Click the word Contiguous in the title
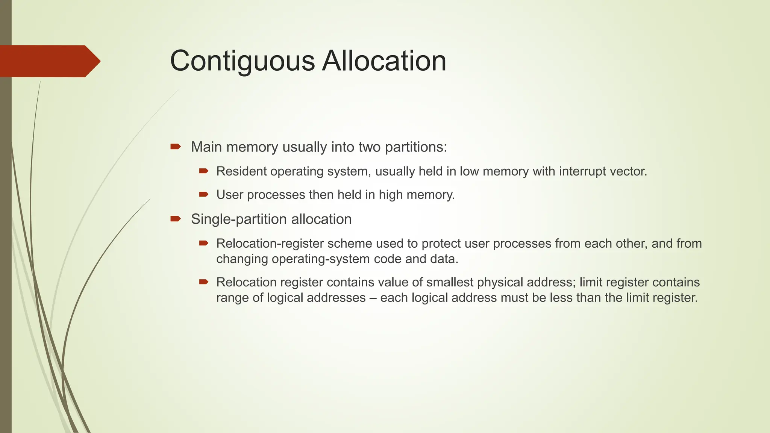[242, 61]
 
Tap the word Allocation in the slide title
[384, 61]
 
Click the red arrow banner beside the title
[49, 61]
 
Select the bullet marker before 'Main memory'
[176, 146]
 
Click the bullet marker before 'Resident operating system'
[204, 171]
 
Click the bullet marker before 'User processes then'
[204, 194]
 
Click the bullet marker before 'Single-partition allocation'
[176, 219]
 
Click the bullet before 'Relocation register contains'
[204, 282]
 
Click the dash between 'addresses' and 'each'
[373, 298]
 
